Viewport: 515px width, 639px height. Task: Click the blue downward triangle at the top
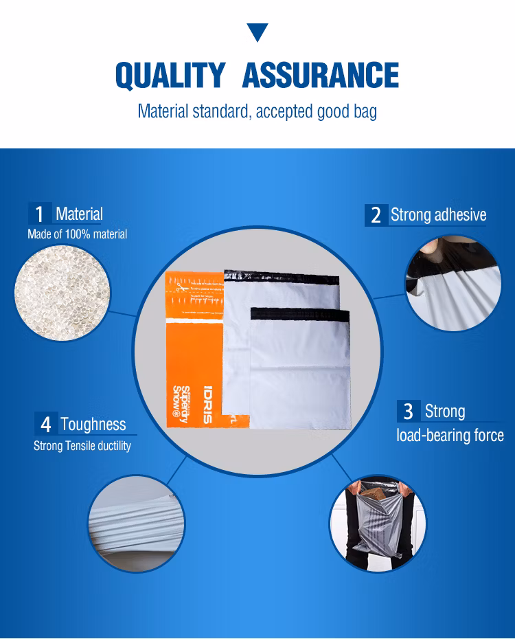coord(257,32)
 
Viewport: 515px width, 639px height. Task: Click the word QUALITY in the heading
coord(170,76)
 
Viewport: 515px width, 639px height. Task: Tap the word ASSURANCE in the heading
coord(321,75)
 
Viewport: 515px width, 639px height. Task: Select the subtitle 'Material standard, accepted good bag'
coord(257,111)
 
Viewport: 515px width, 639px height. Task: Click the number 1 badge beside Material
coord(40,213)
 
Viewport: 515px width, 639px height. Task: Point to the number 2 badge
coord(376,215)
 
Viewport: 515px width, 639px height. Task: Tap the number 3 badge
coord(409,411)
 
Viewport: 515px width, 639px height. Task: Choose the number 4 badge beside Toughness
coord(46,424)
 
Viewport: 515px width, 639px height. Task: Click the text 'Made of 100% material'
coord(78,234)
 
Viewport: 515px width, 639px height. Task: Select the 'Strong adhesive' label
coord(439,215)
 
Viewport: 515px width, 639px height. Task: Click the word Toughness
coord(93,424)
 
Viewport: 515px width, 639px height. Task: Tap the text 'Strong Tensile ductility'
coord(82,446)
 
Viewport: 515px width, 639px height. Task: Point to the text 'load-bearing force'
coord(450,435)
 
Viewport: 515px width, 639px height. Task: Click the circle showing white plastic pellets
coord(62,293)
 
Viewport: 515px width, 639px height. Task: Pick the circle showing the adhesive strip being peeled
coord(453,283)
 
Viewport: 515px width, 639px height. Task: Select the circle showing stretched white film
coord(137,524)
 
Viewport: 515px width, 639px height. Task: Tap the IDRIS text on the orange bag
coord(207,404)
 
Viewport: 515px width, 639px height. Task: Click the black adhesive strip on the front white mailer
coord(300,314)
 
